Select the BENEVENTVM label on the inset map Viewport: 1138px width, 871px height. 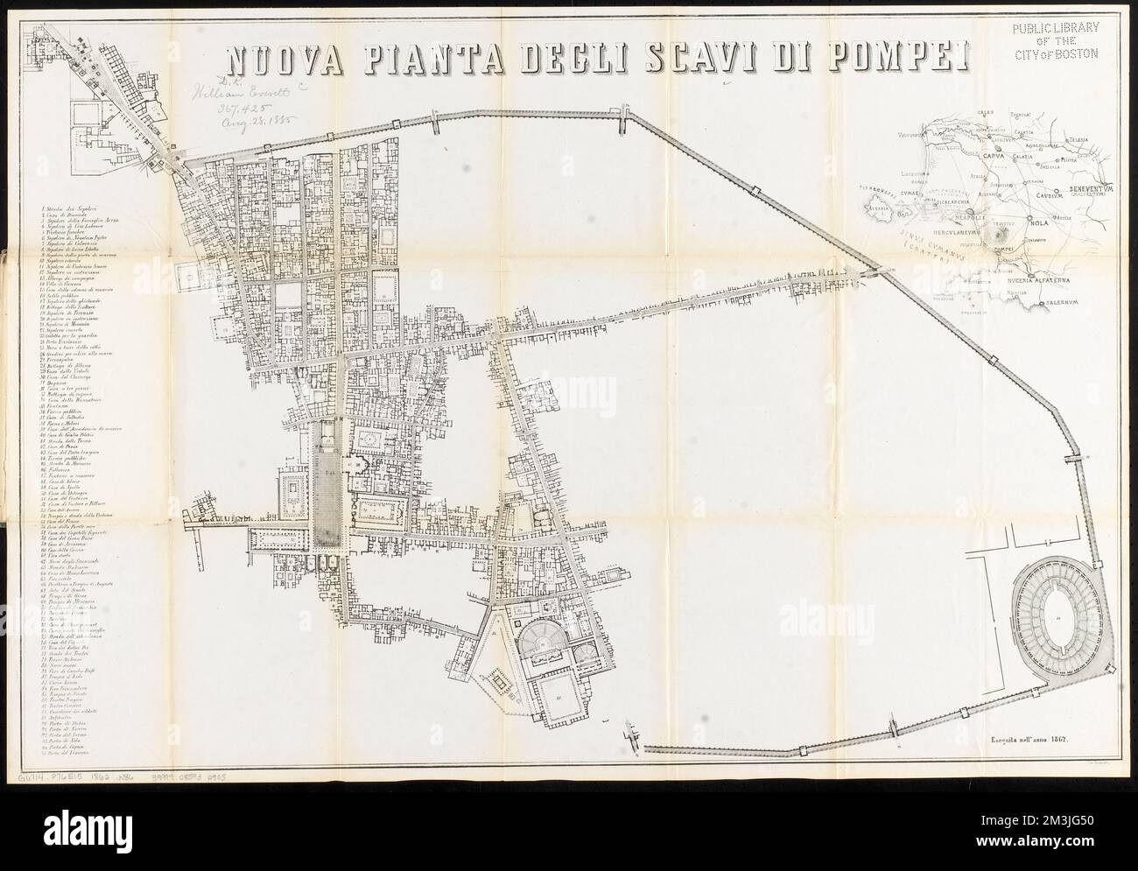pos(1088,189)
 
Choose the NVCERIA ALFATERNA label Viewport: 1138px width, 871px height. pos(1036,283)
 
